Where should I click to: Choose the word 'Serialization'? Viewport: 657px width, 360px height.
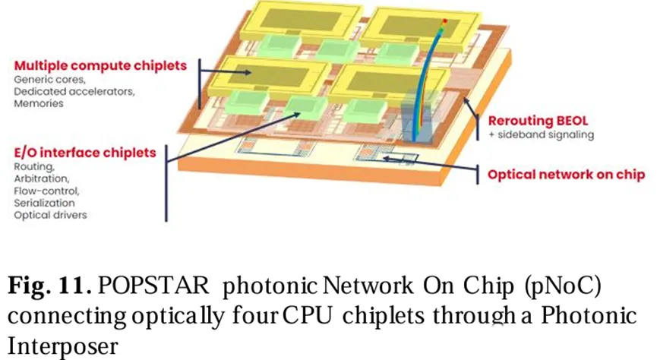click(x=44, y=203)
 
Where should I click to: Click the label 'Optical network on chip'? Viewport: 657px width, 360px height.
click(x=566, y=175)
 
